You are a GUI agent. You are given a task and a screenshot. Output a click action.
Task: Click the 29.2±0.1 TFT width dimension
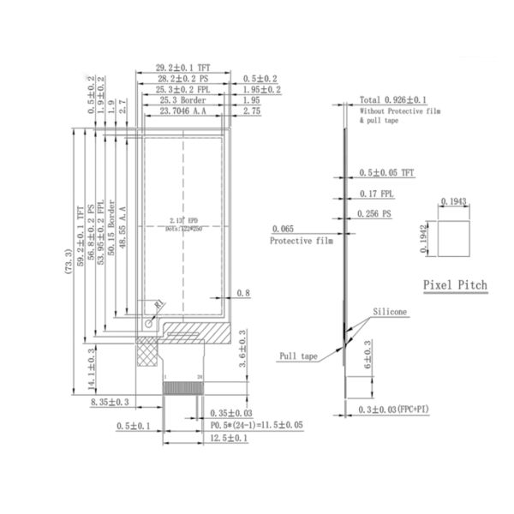[x=180, y=66]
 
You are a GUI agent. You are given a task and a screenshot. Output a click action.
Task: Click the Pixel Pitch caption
[x=455, y=284]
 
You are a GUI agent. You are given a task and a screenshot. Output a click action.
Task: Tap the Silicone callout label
[x=390, y=313]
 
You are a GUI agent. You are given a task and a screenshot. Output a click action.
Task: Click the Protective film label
[x=299, y=242]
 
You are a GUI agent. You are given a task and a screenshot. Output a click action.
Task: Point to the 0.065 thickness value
[x=284, y=230]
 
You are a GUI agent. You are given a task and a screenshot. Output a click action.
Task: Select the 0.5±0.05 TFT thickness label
[x=386, y=172]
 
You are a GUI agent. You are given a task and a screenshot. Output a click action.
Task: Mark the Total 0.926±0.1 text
[x=393, y=100]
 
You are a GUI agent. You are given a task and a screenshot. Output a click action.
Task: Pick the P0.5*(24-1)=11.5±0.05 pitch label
[x=255, y=425]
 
